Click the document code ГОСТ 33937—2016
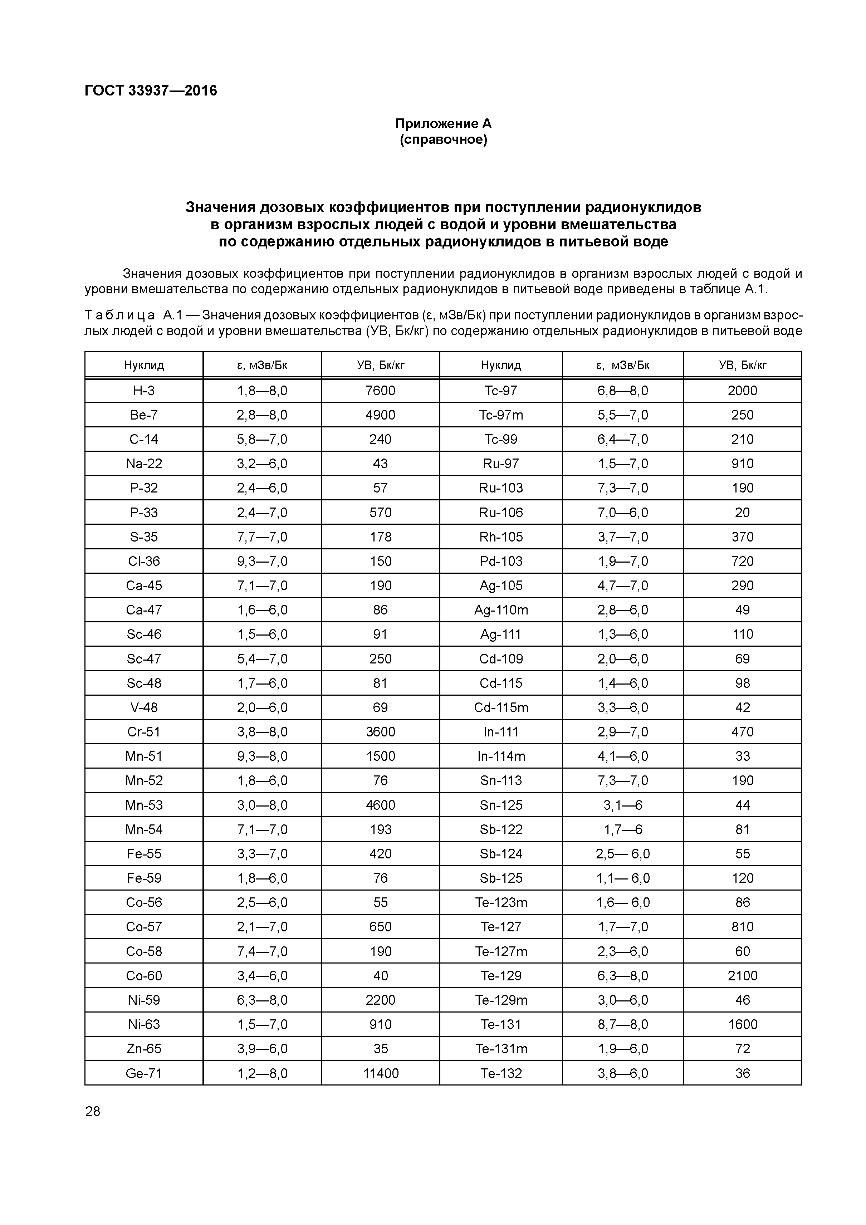[x=151, y=91]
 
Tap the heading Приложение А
[x=444, y=124]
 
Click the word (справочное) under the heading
[x=444, y=140]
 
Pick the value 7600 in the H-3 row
[x=381, y=391]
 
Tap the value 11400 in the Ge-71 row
[x=381, y=1073]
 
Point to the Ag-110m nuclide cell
[x=501, y=610]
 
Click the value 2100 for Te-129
[x=742, y=975]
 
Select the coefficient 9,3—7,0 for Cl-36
[x=262, y=561]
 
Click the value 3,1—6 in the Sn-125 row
[x=623, y=805]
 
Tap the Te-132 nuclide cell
[x=501, y=1073]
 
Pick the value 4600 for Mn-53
[x=381, y=805]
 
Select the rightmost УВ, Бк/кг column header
[x=742, y=366]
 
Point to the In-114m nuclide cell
[x=501, y=756]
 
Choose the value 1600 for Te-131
[x=742, y=1024]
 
